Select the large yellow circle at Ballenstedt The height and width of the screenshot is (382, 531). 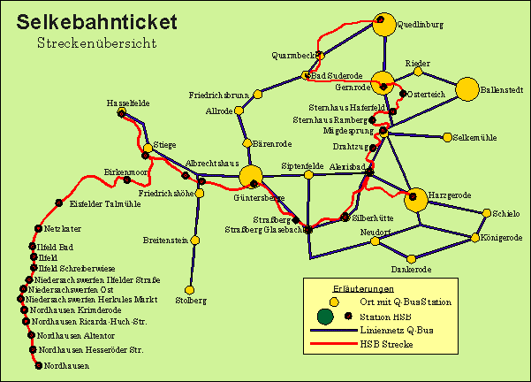pyautogui.click(x=467, y=89)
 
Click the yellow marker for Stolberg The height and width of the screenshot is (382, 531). pyautogui.click(x=188, y=289)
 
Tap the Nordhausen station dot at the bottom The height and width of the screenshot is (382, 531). pyautogui.click(x=38, y=365)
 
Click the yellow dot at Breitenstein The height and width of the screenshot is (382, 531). pyautogui.click(x=197, y=240)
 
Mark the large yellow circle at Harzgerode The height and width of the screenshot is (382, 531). pyautogui.click(x=416, y=200)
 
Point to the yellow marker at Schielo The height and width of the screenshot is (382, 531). pyautogui.click(x=486, y=212)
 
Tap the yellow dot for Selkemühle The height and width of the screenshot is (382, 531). pyautogui.click(x=447, y=138)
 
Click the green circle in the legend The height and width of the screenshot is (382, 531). pyautogui.click(x=326, y=315)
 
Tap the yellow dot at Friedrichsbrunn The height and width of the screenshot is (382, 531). pyautogui.click(x=258, y=95)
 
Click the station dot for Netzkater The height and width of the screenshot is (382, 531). pyautogui.click(x=37, y=228)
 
